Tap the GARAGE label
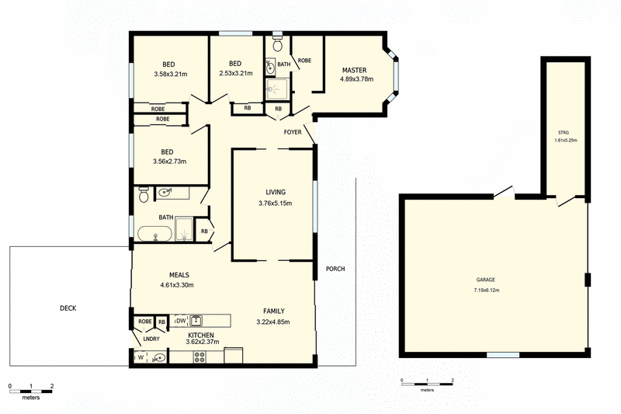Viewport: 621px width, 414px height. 487,280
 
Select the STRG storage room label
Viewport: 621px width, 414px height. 563,134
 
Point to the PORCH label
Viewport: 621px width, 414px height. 335,269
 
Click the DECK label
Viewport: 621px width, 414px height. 68,308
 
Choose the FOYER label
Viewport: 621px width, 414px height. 293,131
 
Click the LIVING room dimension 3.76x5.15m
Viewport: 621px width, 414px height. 275,204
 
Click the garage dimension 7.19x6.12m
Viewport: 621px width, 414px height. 487,290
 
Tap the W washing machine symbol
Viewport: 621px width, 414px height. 141,358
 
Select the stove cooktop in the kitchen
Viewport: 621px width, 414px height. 199,358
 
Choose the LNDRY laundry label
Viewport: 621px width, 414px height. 151,338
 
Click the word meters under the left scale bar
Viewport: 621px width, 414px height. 31,397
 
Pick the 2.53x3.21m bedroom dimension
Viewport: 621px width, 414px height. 235,74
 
